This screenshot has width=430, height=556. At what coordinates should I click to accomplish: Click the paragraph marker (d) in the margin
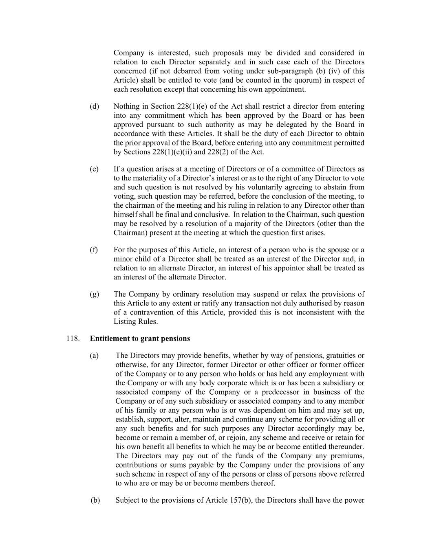coord(94,107)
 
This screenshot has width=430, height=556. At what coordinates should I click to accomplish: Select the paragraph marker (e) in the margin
coord(94,169)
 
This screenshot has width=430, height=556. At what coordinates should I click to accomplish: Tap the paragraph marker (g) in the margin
coord(94,294)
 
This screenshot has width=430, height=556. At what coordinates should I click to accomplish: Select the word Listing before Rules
coord(125,322)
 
